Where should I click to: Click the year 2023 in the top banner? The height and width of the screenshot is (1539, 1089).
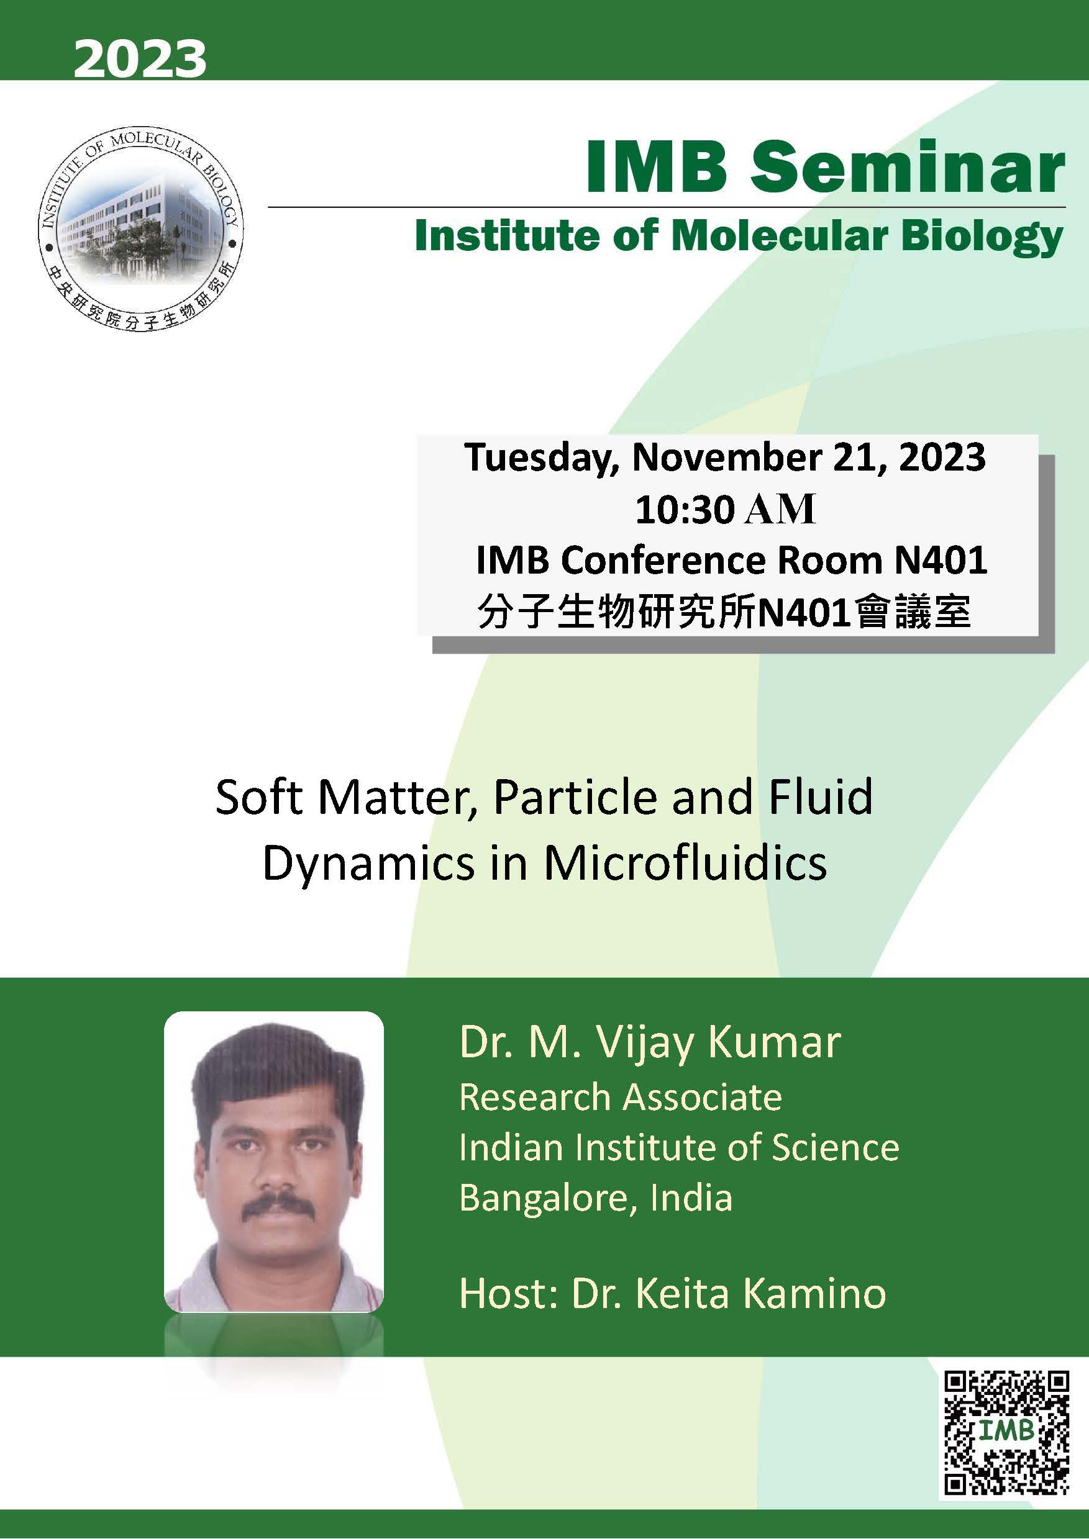[140, 59]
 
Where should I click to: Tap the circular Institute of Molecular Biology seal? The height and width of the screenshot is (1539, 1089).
[141, 230]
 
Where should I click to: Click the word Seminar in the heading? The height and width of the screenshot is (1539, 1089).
[906, 168]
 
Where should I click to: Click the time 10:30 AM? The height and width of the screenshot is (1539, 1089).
[726, 510]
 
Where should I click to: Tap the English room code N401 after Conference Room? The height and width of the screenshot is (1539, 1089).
[940, 561]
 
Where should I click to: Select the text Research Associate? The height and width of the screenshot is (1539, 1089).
[620, 1097]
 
